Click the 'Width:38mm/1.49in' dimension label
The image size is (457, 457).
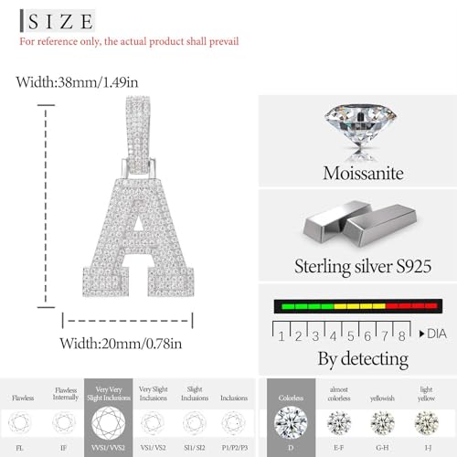pos(78,82)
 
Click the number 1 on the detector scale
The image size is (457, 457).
pos(282,336)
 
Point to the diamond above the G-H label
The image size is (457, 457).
pos(383,423)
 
